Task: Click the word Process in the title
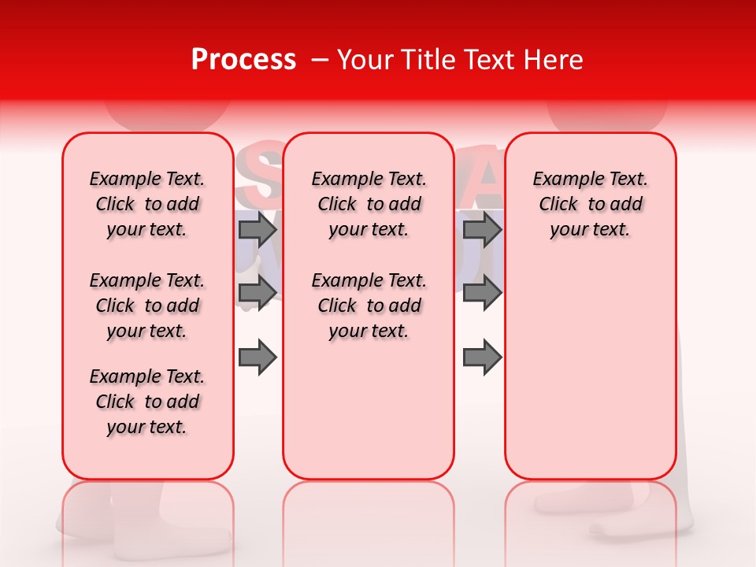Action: click(x=243, y=60)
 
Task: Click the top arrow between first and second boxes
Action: click(x=258, y=230)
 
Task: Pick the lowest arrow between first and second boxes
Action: click(x=258, y=358)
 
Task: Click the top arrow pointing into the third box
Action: click(x=482, y=230)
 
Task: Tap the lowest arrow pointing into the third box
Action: click(x=482, y=358)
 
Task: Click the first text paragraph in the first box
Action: click(x=147, y=204)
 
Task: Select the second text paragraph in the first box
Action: click(x=147, y=306)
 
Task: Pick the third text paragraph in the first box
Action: click(x=147, y=402)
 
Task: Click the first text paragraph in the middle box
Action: click(x=369, y=204)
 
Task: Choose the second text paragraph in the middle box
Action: click(x=369, y=306)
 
